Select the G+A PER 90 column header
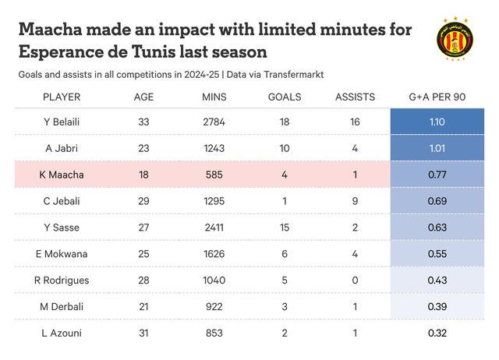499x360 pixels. coord(437,97)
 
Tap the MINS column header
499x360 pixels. coord(214,97)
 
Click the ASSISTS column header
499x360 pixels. coord(355,97)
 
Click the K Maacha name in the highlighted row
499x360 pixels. coord(62,175)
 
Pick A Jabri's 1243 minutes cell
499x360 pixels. coord(214,148)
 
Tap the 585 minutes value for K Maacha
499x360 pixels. coord(214,175)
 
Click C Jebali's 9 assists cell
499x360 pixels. coord(355,201)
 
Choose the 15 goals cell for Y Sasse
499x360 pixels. coord(285,228)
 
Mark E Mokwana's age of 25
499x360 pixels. coord(143,254)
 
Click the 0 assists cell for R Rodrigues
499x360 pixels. coord(355,281)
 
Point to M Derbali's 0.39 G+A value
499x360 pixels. coord(437,307)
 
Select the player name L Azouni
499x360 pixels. coord(62,334)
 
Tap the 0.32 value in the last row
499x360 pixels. coord(437,334)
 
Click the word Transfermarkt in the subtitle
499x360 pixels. coord(292,74)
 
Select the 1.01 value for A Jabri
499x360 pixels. coord(437,148)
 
